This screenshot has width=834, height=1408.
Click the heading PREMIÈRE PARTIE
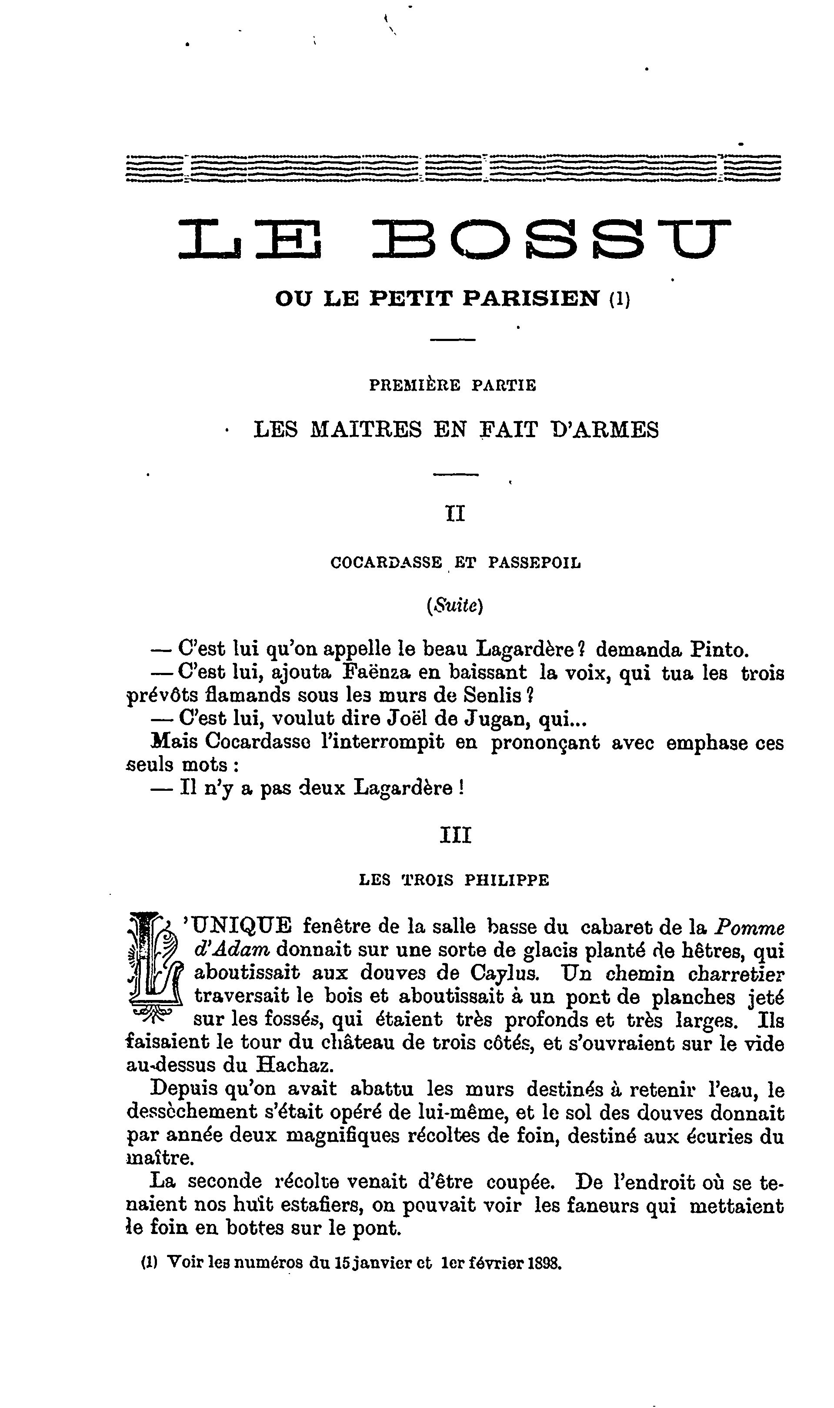coord(452,385)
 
